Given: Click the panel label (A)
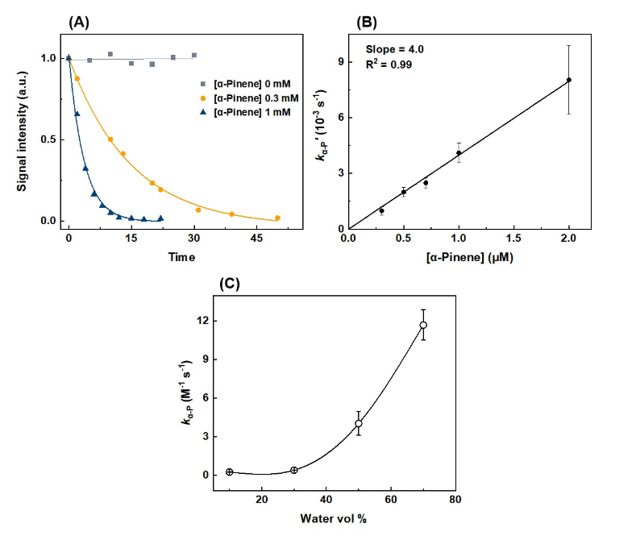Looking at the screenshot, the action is click(x=79, y=23).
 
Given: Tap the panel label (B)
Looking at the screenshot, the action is click(x=366, y=23).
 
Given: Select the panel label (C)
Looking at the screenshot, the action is click(x=230, y=284).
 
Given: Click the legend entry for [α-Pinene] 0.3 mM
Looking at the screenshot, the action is click(x=250, y=98).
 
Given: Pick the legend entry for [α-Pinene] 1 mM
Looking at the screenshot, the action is click(x=246, y=112).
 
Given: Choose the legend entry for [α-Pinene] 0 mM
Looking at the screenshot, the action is click(x=246, y=84).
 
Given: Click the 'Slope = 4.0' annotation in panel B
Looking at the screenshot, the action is click(x=395, y=49).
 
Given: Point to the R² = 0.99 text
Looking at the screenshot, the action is click(x=389, y=64).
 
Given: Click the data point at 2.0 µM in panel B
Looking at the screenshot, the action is click(x=569, y=80).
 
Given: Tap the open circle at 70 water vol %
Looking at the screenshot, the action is click(x=423, y=325).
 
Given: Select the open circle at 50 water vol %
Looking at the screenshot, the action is click(x=359, y=424).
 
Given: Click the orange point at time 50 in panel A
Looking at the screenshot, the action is click(x=278, y=218).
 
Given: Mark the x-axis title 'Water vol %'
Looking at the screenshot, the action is click(x=334, y=518).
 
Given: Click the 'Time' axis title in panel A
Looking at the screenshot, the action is click(x=181, y=257).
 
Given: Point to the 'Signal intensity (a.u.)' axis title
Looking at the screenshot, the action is click(x=22, y=131).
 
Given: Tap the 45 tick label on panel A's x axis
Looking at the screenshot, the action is click(x=257, y=238).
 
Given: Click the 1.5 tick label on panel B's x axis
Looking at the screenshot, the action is click(x=514, y=238).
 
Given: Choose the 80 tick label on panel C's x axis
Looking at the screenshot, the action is click(x=455, y=499).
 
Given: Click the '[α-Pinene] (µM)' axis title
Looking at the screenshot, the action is click(x=470, y=257).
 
